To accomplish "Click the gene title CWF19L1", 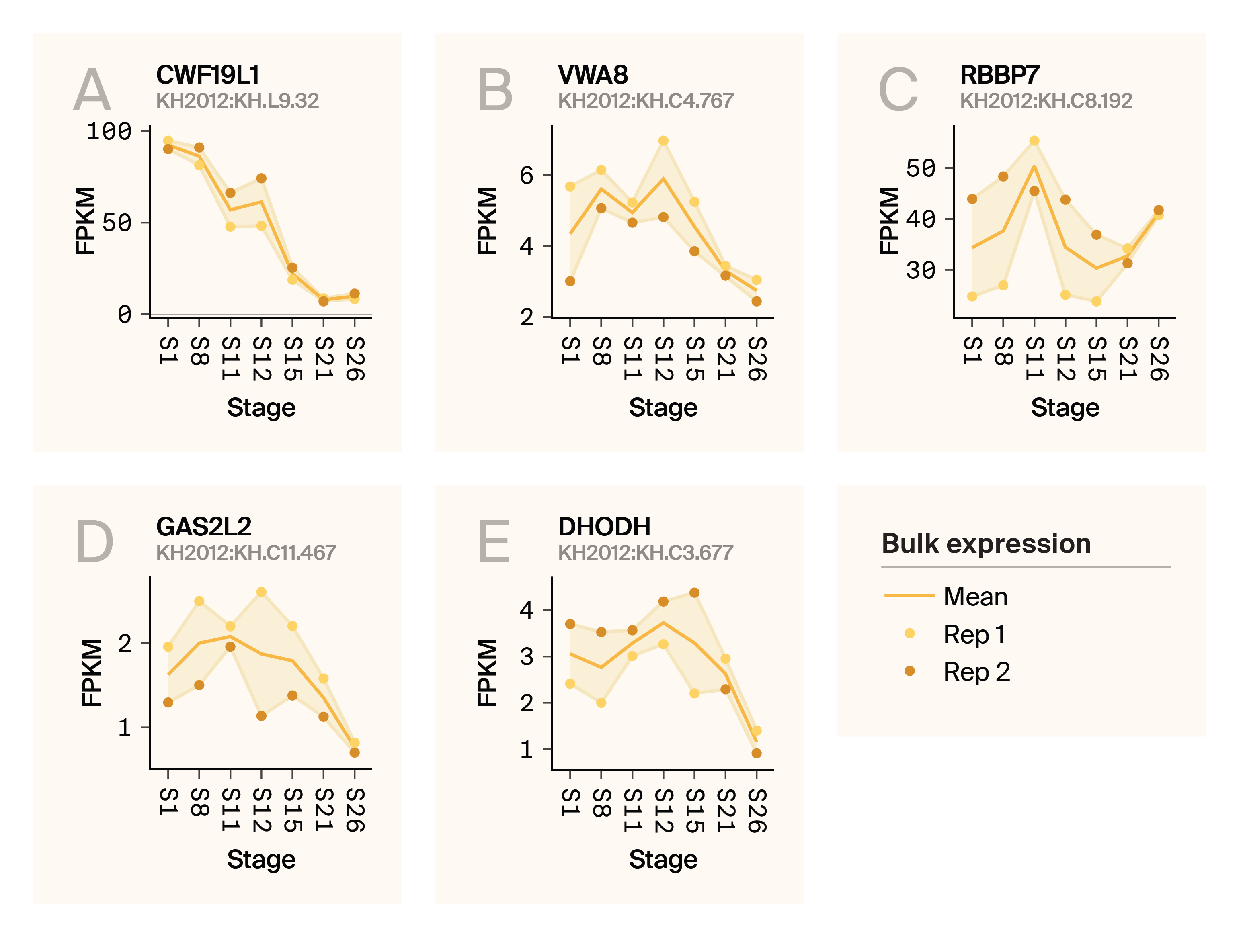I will (x=207, y=75).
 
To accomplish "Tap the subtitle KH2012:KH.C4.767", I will (x=645, y=100).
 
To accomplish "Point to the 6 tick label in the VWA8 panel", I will (x=527, y=175).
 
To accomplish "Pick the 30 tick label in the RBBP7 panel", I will (x=921, y=270).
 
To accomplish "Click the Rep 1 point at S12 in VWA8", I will (x=663, y=141).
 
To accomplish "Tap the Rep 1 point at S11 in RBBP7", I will (x=1034, y=141).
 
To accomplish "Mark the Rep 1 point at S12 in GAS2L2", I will (x=261, y=592).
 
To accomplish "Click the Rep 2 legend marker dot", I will (x=909, y=671).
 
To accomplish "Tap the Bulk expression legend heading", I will (x=986, y=544).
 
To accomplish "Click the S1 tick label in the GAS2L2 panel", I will (x=168, y=801).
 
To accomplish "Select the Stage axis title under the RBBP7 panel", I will (x=1065, y=407).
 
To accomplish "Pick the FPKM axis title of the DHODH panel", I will (x=487, y=672).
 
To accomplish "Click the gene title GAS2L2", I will (x=203, y=527).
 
